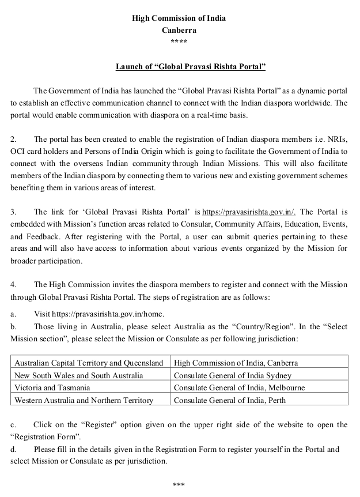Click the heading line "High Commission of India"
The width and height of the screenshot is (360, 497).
[179, 18]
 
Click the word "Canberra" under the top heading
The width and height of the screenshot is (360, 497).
[179, 30]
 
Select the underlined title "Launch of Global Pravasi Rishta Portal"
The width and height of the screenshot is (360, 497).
[190, 67]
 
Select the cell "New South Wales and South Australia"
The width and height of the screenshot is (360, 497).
[79, 375]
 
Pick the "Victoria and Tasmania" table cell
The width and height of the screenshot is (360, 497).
[52, 387]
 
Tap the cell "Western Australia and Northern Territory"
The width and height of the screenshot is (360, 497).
[84, 400]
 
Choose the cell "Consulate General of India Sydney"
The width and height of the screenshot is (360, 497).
[233, 375]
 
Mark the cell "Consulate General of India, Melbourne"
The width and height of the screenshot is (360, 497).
[239, 387]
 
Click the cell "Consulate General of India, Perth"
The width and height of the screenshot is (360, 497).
[230, 400]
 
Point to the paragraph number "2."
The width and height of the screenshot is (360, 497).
[14, 140]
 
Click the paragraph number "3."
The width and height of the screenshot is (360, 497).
[14, 212]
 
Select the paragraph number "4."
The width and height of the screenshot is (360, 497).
[14, 285]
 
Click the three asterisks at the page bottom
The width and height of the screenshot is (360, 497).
[179, 485]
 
